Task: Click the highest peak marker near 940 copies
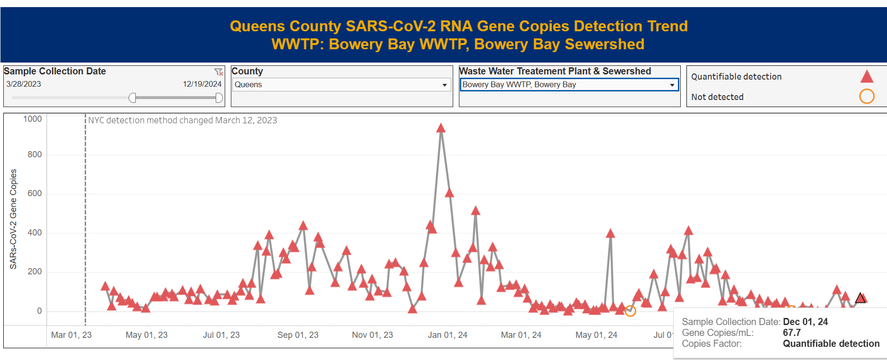441,128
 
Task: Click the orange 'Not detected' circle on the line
630,311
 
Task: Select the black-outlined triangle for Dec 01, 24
861,298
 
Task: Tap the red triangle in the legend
867,76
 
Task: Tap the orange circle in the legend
867,97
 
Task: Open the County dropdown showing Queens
341,85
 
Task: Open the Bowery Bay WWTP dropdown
569,85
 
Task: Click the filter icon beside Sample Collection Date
219,72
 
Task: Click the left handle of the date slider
132,98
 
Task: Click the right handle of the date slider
219,98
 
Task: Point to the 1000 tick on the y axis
33,119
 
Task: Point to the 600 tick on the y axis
35,193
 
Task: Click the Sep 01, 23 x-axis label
298,335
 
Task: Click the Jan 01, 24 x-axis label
448,335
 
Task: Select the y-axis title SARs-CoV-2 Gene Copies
13,219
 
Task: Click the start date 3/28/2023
24,84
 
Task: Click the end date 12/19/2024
202,84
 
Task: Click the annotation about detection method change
183,120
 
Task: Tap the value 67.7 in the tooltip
792,333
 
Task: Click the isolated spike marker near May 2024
610,234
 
